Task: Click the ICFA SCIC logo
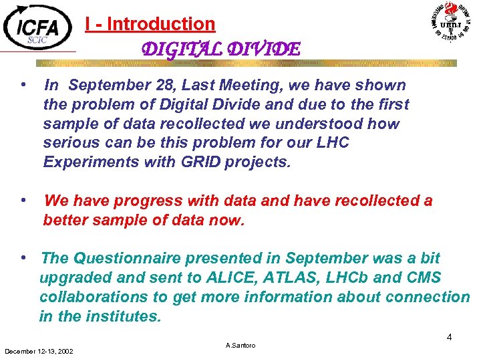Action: click(39, 27)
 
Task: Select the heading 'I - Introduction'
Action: click(150, 24)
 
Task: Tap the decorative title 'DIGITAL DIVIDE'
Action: click(221, 49)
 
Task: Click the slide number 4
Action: click(450, 337)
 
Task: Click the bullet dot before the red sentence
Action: click(23, 200)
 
